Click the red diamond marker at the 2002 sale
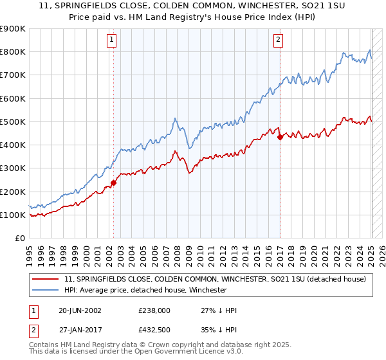(x=114, y=183)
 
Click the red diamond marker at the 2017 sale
(x=280, y=137)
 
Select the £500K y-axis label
(x=13, y=122)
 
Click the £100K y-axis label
(x=13, y=215)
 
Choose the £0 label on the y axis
(x=19, y=238)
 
